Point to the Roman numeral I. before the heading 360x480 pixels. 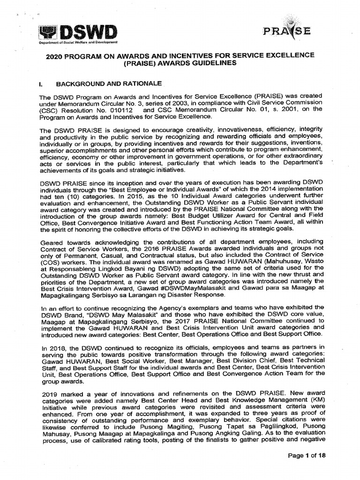(42, 83)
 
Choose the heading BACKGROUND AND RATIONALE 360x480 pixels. (109, 83)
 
